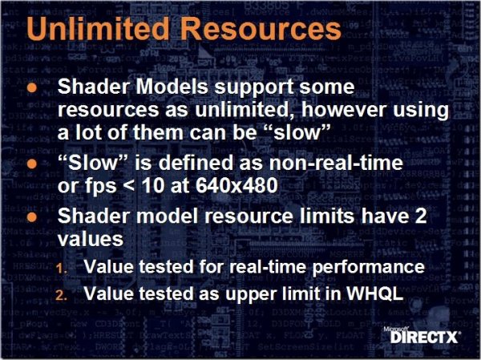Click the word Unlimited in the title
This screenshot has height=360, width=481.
(98, 28)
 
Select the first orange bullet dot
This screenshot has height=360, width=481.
(31, 88)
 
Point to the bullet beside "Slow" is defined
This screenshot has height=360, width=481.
(31, 164)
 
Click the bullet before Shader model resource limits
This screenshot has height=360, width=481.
(31, 217)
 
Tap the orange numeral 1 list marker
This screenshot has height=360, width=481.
(62, 269)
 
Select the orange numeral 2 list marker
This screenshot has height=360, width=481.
(62, 295)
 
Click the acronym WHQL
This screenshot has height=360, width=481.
(374, 293)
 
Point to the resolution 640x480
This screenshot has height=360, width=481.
(236, 185)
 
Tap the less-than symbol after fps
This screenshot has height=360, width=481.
(129, 186)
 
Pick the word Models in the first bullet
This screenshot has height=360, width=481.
(172, 87)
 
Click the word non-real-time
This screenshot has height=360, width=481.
(336, 163)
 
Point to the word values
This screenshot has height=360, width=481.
(91, 238)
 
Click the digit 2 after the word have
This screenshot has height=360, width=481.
(420, 216)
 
